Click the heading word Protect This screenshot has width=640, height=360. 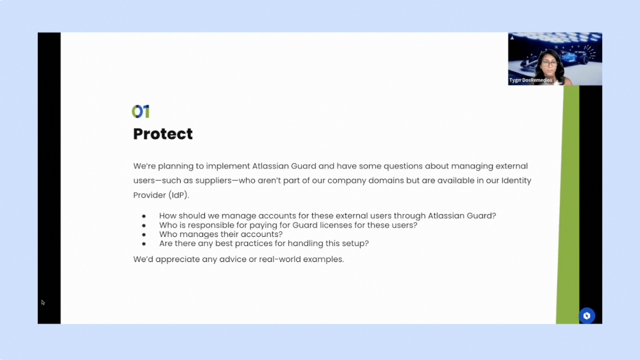click(x=163, y=134)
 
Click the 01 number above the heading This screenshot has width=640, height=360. click(x=141, y=111)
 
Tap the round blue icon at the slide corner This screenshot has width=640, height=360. click(x=587, y=316)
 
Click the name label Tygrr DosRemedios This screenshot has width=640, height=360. click(x=530, y=80)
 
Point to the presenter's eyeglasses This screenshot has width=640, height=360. click(x=550, y=63)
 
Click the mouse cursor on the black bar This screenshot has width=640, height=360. click(x=43, y=302)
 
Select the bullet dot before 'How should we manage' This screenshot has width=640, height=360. click(x=144, y=216)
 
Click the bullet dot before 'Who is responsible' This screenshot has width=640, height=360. click(x=144, y=225)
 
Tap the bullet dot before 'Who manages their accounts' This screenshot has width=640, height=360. click(x=144, y=234)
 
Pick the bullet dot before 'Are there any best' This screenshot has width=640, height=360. click(x=144, y=243)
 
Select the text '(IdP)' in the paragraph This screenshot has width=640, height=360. click(x=179, y=195)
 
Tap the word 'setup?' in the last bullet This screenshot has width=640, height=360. click(x=356, y=243)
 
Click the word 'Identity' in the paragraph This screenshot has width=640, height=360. click(x=516, y=181)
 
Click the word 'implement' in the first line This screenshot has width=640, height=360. click(x=228, y=166)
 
